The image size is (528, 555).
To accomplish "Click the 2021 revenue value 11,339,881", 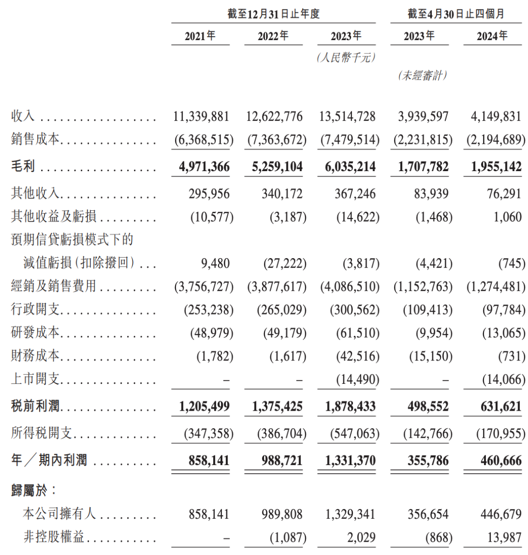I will point(200,116).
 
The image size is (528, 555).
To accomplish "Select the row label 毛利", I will point(23,167).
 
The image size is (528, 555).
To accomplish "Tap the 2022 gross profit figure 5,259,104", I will point(273,167).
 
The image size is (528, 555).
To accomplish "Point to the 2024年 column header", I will point(492,36).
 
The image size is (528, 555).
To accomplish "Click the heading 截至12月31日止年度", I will point(273,14).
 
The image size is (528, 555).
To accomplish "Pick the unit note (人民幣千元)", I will point(346,58).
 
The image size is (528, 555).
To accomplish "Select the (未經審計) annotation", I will point(423,76).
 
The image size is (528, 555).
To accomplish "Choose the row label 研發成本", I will point(35,333).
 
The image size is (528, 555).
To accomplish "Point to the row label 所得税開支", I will point(42,433).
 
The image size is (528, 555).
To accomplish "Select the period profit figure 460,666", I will point(497,460).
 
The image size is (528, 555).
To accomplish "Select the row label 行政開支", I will point(35,309).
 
